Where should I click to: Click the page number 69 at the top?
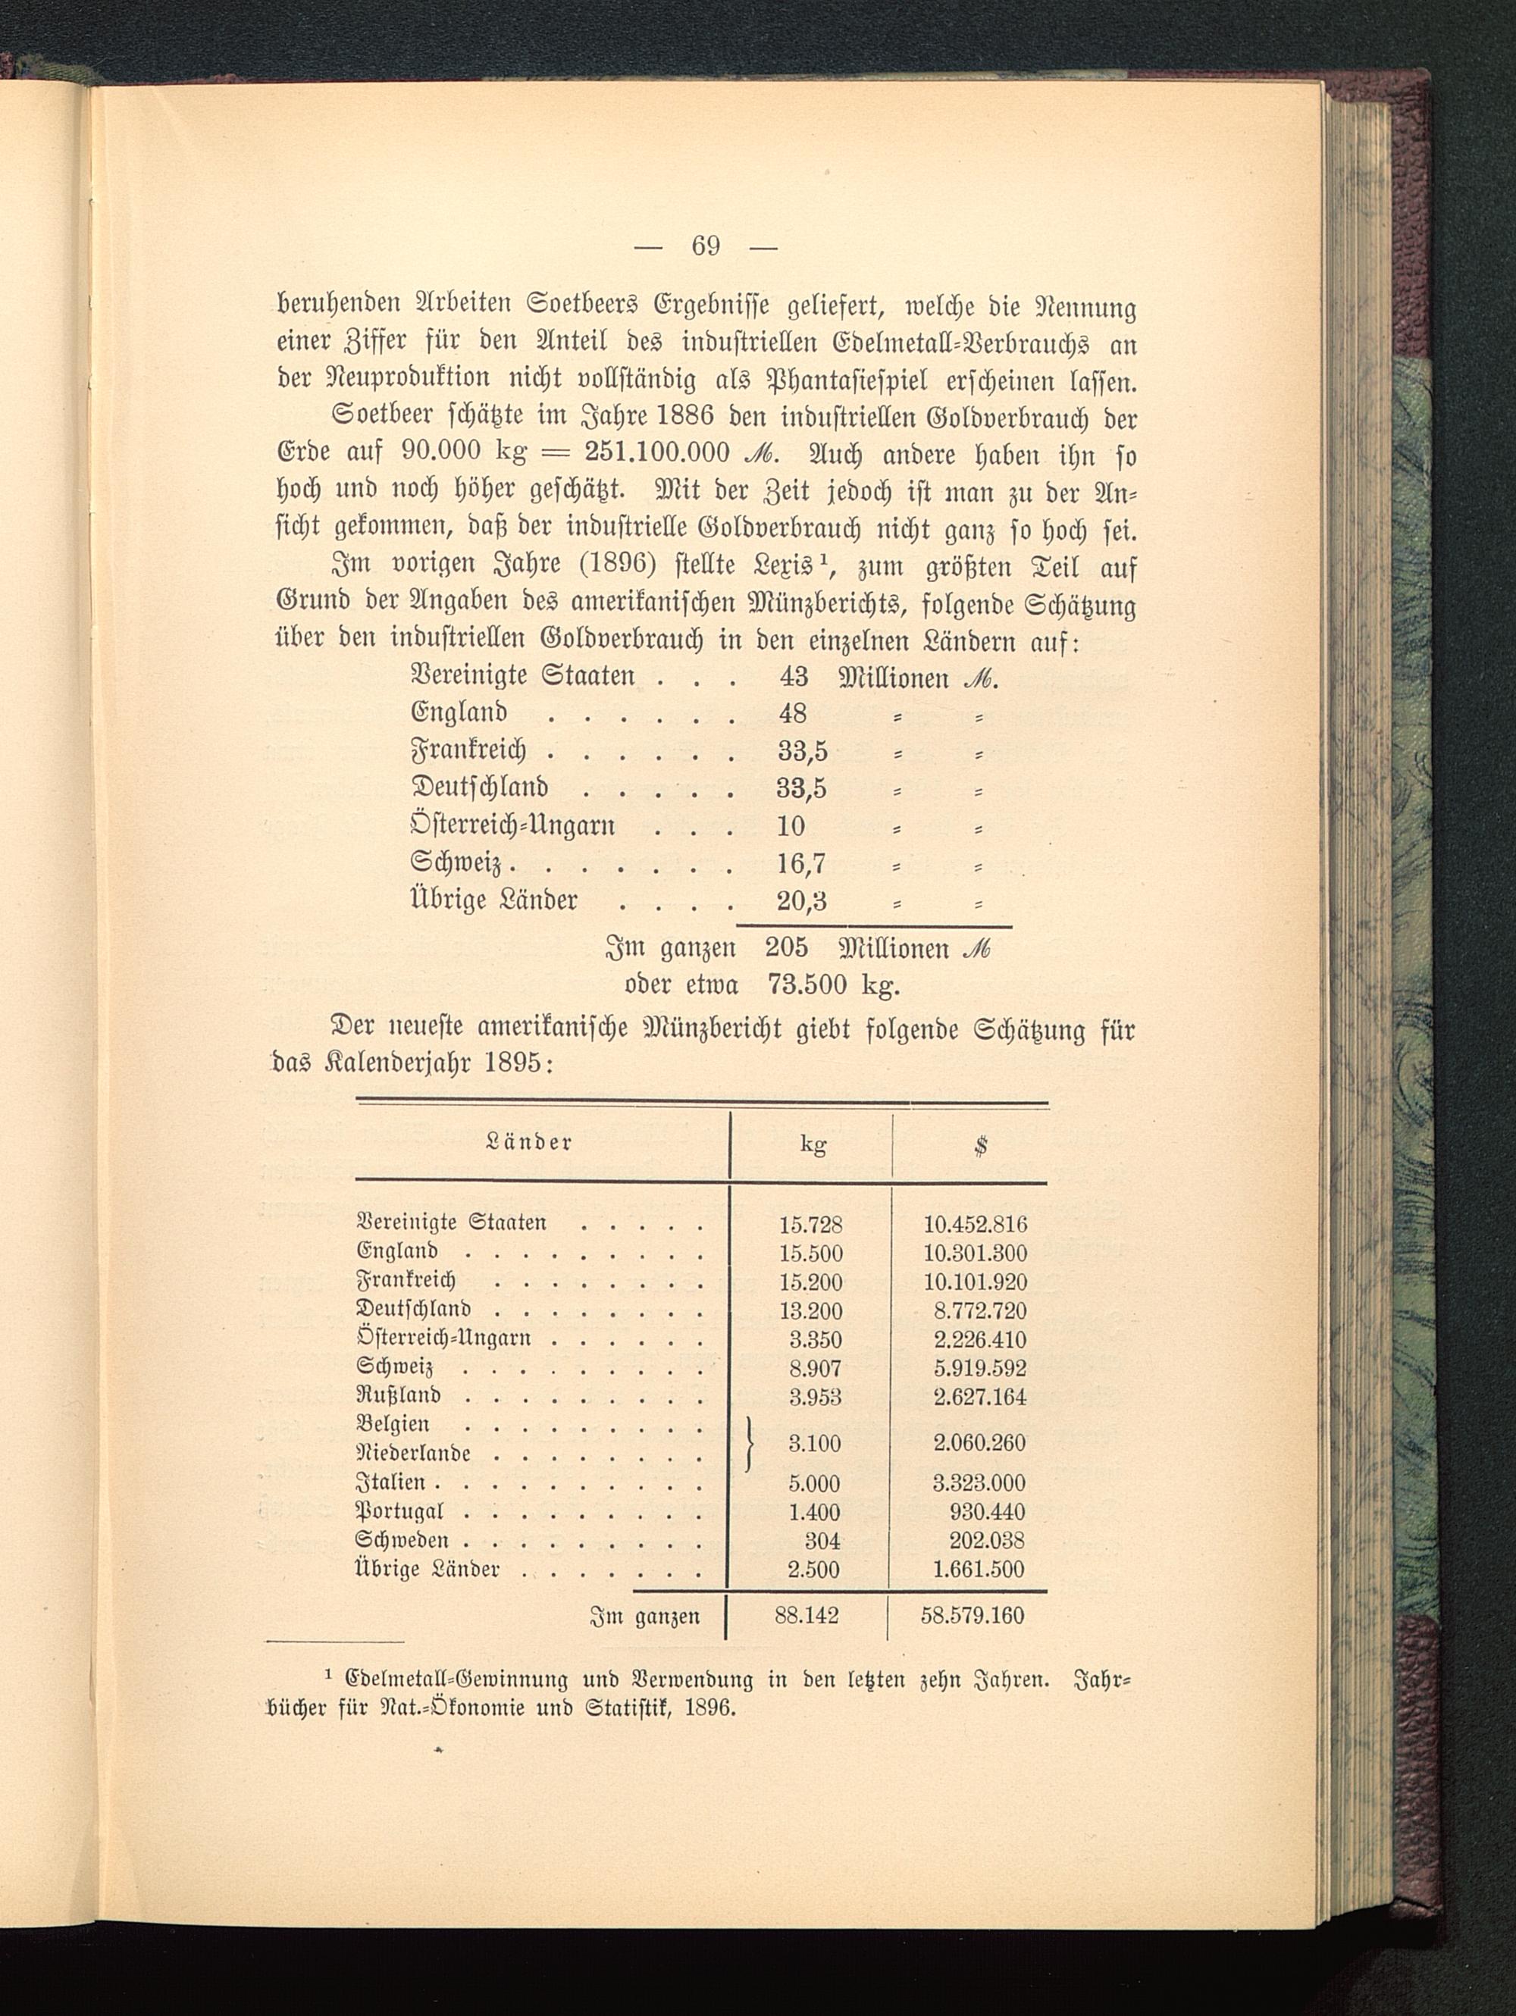706,246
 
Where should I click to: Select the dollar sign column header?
980,1146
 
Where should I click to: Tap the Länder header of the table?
530,1142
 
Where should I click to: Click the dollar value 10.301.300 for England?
976,1253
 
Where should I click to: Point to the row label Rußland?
399,1395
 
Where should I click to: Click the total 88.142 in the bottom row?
807,1616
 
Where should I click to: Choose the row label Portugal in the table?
399,1512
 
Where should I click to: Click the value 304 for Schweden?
822,1540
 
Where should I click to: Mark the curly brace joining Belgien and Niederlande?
751,1443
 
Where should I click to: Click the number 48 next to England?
793,712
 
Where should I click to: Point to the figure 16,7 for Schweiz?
800,862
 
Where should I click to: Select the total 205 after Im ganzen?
786,948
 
